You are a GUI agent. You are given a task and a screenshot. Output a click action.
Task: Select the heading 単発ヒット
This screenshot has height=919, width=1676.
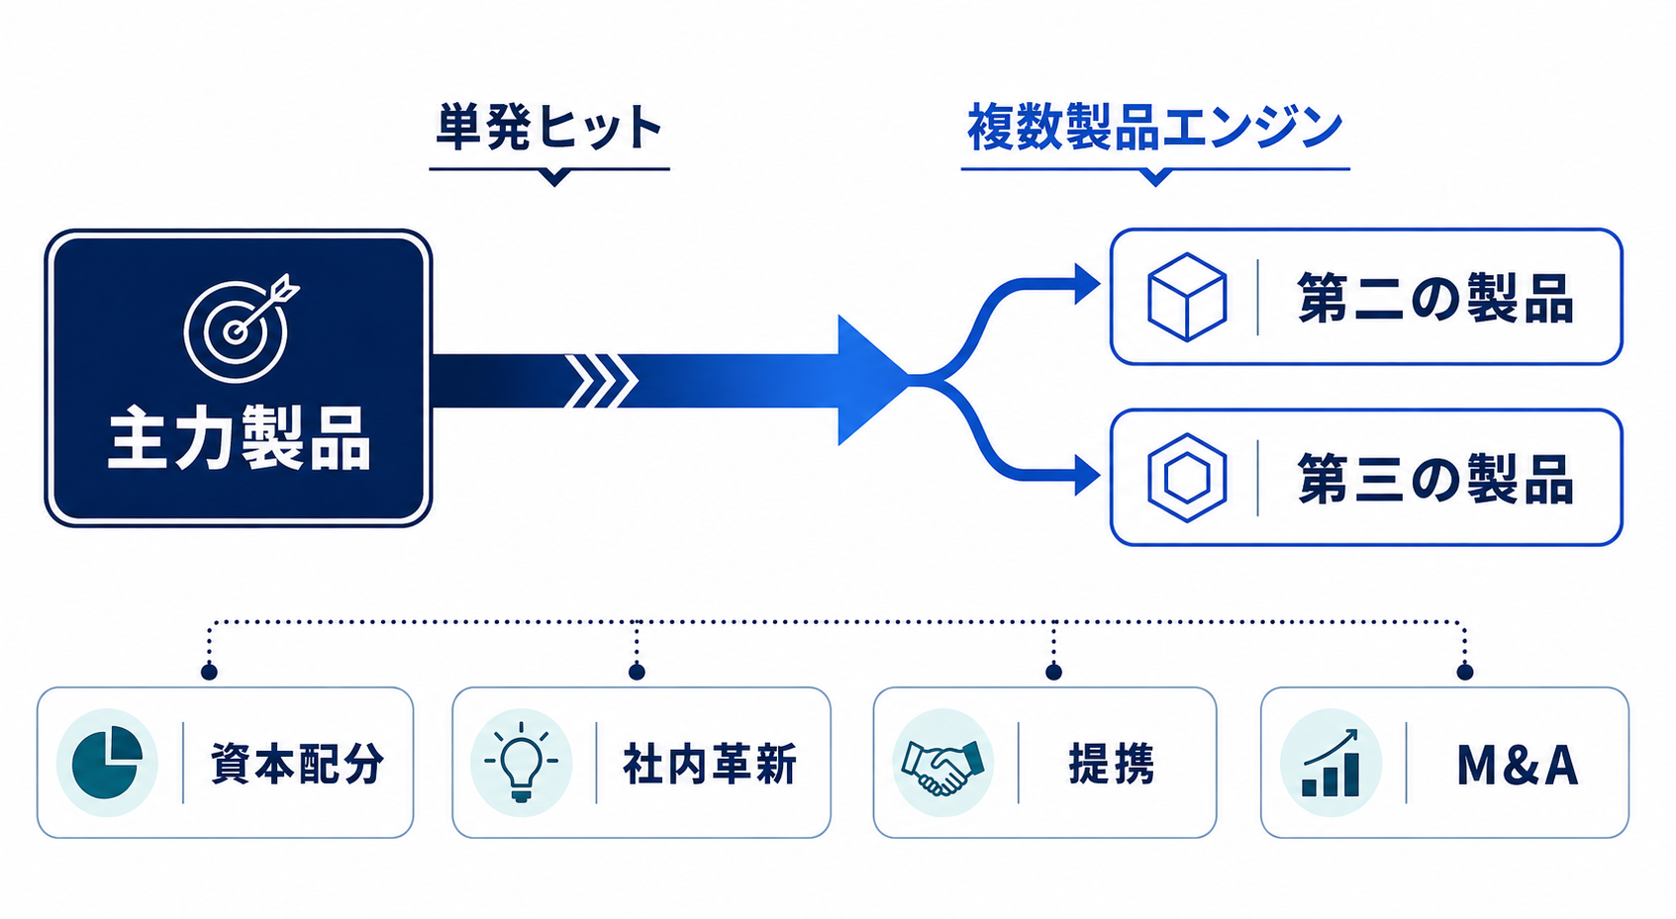click(549, 127)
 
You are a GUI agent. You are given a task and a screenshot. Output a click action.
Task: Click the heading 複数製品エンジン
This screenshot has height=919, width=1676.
click(1154, 128)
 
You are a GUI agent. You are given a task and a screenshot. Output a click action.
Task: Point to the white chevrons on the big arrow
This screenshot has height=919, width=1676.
click(601, 381)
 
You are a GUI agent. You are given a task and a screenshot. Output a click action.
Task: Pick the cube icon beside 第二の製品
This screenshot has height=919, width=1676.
click(1187, 297)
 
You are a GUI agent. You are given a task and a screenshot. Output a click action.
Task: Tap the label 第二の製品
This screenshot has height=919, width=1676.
click(1435, 298)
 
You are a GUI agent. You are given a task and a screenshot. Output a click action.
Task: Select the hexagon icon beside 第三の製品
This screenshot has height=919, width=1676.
click(1187, 477)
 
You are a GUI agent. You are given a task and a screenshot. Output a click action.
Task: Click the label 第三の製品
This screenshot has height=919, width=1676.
click(1435, 479)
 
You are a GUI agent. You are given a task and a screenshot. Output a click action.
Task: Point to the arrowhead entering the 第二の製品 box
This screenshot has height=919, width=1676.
click(1087, 284)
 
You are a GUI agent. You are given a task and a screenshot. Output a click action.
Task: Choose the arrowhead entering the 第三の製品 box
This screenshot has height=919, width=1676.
click(1087, 475)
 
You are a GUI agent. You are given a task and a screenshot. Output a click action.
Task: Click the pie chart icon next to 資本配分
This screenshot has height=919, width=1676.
click(107, 763)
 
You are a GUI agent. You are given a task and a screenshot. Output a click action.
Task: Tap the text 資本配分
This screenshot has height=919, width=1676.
click(297, 764)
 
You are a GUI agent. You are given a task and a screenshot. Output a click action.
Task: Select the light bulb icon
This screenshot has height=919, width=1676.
click(521, 763)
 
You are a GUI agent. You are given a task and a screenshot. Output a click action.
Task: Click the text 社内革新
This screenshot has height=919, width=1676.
click(710, 764)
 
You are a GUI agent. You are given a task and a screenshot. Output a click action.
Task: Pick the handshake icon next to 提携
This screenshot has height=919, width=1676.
click(942, 767)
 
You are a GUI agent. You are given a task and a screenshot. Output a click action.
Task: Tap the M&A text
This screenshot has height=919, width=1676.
click(1518, 765)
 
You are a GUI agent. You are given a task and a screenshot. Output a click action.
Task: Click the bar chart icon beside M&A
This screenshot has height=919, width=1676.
click(1331, 763)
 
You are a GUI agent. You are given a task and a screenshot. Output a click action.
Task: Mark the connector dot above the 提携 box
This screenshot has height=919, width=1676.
click(1053, 672)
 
